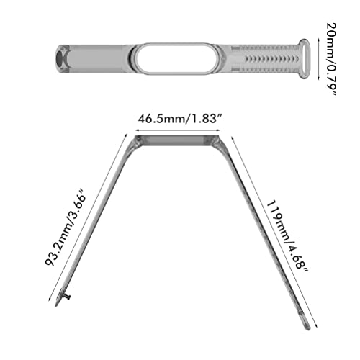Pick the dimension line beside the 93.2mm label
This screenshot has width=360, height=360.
coord(85,216)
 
